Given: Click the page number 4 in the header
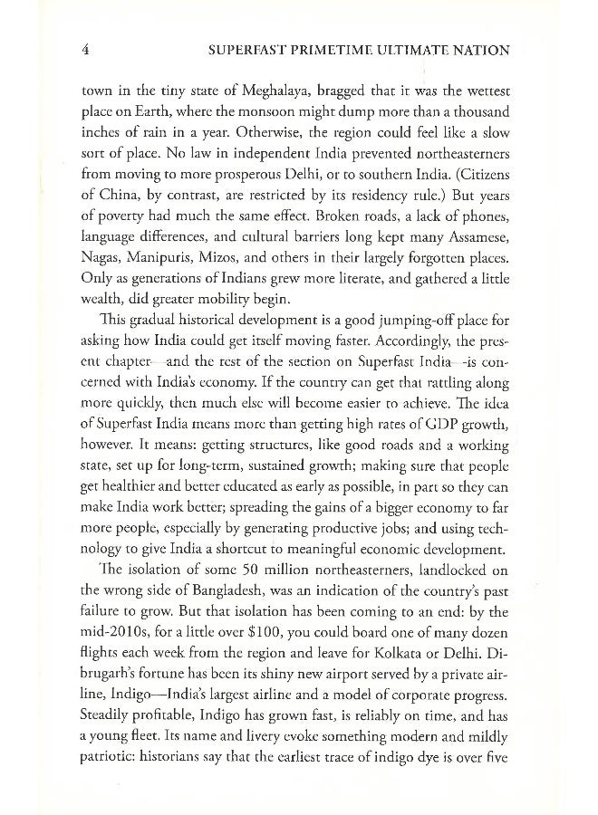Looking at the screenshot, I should pyautogui.click(x=83, y=51).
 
